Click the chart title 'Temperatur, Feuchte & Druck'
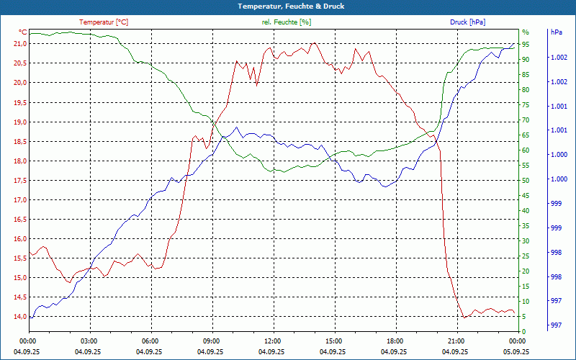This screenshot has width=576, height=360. coord(288,6)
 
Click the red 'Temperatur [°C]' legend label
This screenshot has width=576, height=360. coord(104,22)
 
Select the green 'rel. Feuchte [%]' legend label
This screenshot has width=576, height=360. coord(287,22)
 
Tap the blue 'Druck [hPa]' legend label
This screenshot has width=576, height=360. coord(467,22)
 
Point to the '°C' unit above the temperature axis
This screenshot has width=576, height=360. coord(23,32)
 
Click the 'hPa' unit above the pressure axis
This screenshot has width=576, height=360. coord(556,32)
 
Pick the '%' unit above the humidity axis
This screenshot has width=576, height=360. coord(526,32)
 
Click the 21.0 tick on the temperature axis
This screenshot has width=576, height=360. coord(19,44)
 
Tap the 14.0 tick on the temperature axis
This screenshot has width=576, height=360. coord(19,317)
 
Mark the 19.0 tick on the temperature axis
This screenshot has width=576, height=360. coord(19,122)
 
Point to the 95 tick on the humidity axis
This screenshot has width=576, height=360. coord(526,45)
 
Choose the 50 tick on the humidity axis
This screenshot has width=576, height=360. coord(526,181)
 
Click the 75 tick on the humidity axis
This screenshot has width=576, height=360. coord(526,105)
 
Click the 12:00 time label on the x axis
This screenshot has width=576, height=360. coord(272,341)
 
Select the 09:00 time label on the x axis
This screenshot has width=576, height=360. coord(211,341)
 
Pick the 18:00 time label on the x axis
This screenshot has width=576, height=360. coord(394,341)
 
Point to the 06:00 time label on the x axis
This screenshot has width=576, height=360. coord(150,341)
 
